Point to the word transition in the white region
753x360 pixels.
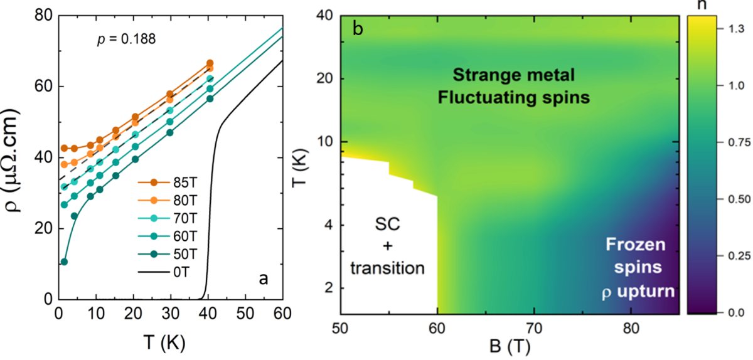(387, 268)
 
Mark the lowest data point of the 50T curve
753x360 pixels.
(64, 262)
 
